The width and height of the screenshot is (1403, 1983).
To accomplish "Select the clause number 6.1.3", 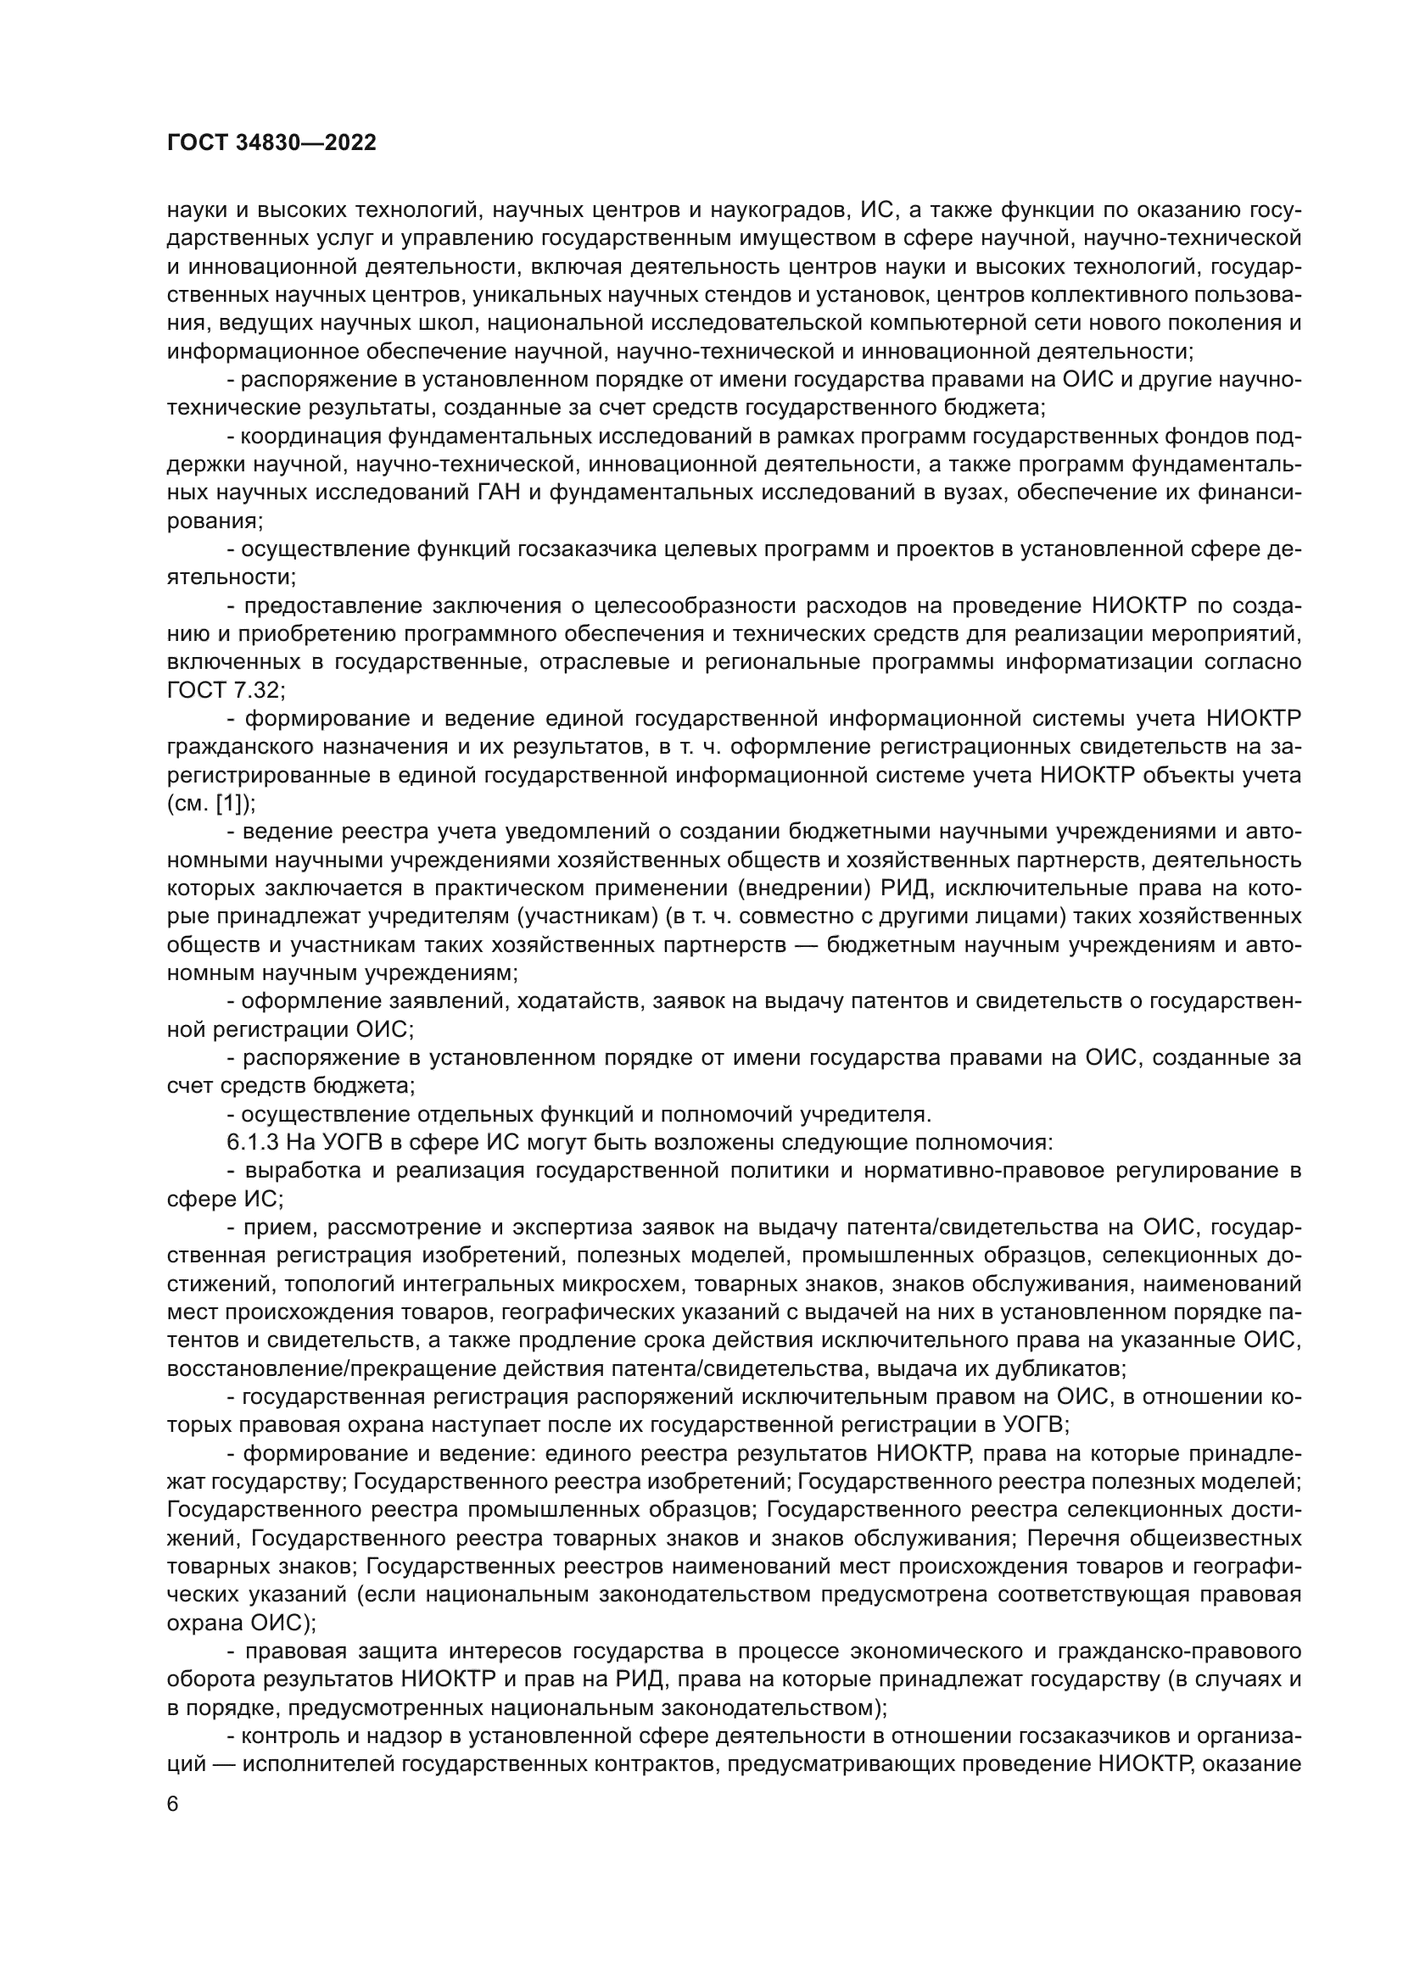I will [x=252, y=1143].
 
